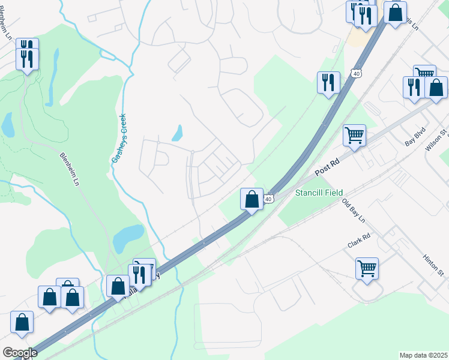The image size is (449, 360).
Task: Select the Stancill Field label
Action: click(x=319, y=193)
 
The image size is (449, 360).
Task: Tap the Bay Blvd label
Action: click(x=415, y=141)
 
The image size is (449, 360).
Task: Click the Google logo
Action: click(x=20, y=353)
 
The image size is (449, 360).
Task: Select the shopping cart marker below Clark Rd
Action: click(x=367, y=268)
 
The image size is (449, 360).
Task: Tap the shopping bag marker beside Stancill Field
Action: click(x=252, y=199)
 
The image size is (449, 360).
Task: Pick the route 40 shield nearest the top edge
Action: click(x=357, y=73)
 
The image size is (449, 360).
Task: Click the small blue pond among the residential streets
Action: click(x=177, y=133)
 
